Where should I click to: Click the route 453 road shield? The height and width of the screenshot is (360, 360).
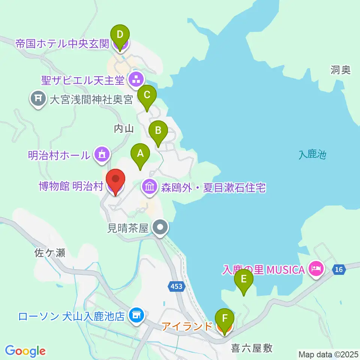pyautogui.click(x=176, y=286)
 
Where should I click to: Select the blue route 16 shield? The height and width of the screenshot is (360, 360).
pyautogui.click(x=339, y=269)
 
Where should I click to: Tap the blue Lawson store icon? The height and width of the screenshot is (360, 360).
pyautogui.click(x=135, y=315)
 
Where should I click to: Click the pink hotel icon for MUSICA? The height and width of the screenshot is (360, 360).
pyautogui.click(x=315, y=269)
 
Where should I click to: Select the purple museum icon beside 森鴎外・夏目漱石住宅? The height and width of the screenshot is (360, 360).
pyautogui.click(x=150, y=187)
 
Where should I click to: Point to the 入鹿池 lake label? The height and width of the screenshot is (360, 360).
pyautogui.click(x=313, y=154)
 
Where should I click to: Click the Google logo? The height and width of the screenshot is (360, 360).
pyautogui.click(x=25, y=351)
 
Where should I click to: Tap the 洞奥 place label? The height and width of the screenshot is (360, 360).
pyautogui.click(x=340, y=70)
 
